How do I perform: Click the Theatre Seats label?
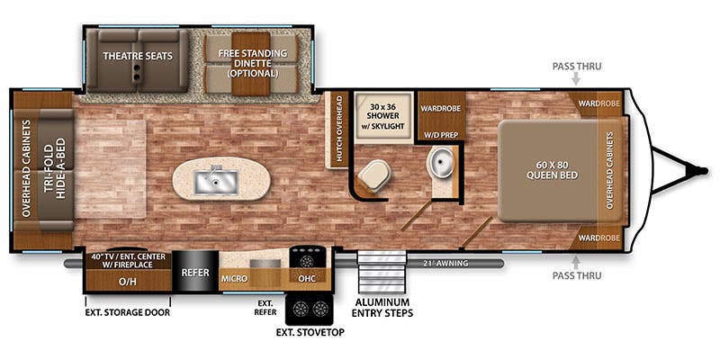137,56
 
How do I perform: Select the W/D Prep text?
441,135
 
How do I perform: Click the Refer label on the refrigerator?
195,272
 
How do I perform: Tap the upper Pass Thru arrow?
577,80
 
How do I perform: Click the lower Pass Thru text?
577,275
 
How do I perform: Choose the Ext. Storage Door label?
128,312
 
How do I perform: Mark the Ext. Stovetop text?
310,332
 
